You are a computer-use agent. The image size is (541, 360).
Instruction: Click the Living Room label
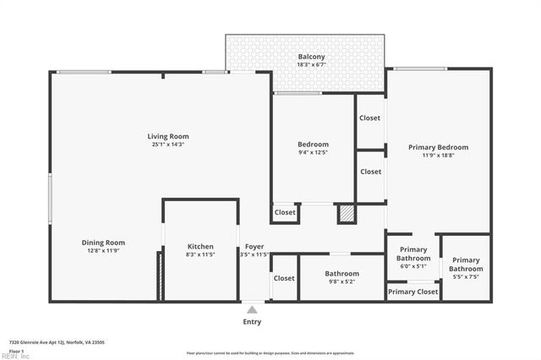click(x=168, y=136)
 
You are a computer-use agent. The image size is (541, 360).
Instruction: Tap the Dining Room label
click(x=103, y=243)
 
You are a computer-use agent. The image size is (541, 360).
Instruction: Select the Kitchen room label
click(x=200, y=247)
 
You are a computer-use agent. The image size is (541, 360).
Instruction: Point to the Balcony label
click(x=311, y=57)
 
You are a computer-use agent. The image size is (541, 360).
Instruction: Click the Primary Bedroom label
click(x=438, y=147)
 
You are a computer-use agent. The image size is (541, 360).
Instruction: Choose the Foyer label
click(x=254, y=247)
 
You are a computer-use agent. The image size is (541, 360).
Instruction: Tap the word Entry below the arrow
click(x=252, y=322)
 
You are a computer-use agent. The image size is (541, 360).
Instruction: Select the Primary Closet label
click(x=413, y=292)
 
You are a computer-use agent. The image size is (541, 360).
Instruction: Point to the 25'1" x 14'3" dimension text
click(x=168, y=145)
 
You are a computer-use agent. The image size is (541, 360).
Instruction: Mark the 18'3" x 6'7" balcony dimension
click(x=311, y=66)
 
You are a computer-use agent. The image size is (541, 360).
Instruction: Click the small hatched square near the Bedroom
click(x=347, y=213)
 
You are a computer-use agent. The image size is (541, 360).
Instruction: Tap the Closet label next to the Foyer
click(x=284, y=278)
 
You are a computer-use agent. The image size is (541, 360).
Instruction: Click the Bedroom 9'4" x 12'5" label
click(x=313, y=148)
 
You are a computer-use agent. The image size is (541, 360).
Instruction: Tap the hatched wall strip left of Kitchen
click(x=158, y=275)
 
